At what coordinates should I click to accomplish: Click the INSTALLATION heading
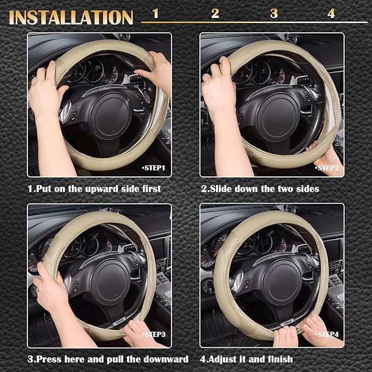pyautogui.click(x=71, y=17)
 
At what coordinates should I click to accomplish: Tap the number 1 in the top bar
pyautogui.click(x=156, y=14)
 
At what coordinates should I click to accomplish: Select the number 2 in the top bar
pyautogui.click(x=215, y=14)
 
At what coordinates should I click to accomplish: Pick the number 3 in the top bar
pyautogui.click(x=274, y=14)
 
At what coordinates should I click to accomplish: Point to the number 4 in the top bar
pyautogui.click(x=331, y=14)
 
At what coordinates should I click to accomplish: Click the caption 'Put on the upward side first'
pyautogui.click(x=94, y=188)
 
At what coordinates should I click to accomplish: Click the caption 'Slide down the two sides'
pyautogui.click(x=259, y=188)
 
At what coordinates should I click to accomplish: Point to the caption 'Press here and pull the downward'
pyautogui.click(x=108, y=359)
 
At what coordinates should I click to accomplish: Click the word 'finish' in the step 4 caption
pyautogui.click(x=278, y=359)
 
